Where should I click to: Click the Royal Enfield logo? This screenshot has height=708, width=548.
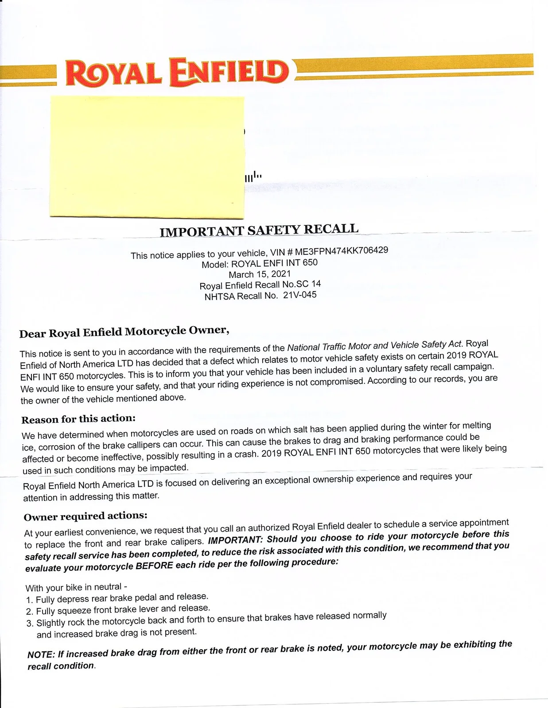point(177,73)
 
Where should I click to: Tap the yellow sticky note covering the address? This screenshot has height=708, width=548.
point(147,157)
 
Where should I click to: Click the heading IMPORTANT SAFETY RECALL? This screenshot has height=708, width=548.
point(259,230)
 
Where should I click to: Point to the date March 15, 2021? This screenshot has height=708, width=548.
point(260,274)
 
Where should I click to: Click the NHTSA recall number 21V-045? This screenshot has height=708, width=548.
point(300,295)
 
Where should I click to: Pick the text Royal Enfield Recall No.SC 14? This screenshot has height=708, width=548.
point(260,285)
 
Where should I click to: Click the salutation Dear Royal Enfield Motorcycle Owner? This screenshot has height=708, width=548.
point(124,331)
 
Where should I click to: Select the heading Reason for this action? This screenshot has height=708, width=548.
point(78,419)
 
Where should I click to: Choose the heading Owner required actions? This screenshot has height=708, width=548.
point(86,516)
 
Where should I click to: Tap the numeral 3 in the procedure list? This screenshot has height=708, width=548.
point(30,623)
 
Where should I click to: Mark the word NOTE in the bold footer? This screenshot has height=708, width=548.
point(41,655)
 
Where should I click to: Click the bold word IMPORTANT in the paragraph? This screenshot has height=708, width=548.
point(235,540)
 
